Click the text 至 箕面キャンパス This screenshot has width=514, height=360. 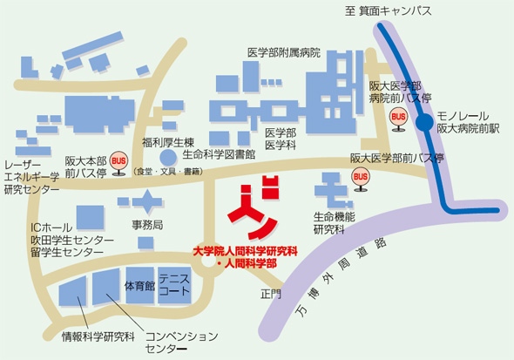(x=389, y=10)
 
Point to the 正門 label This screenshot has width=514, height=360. (x=271, y=295)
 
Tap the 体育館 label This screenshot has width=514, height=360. (x=139, y=285)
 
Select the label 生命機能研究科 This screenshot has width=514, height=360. (x=332, y=224)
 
